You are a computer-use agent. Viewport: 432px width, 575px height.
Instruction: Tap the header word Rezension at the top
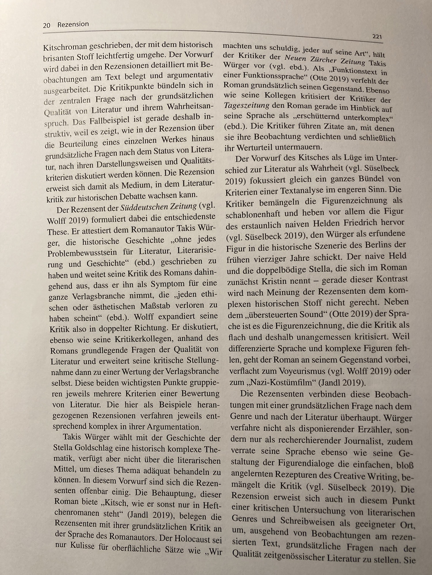point(73,24)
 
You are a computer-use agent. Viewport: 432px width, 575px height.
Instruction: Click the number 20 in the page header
point(47,25)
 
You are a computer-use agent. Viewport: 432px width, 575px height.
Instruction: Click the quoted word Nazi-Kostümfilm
point(282,383)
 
